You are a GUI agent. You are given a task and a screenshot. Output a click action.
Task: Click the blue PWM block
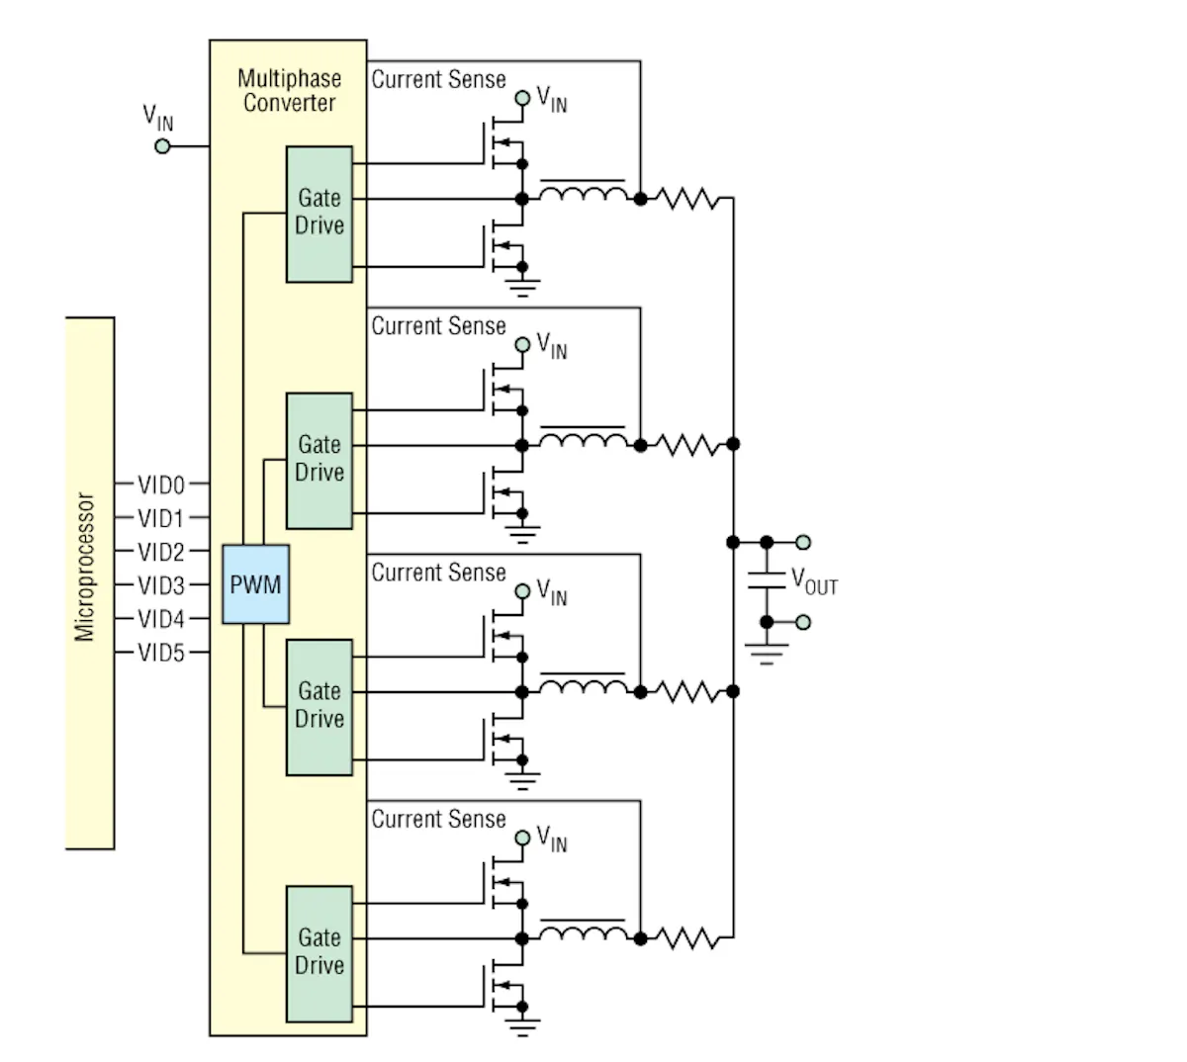(x=255, y=584)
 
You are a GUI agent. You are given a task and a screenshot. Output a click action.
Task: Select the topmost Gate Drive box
(x=320, y=214)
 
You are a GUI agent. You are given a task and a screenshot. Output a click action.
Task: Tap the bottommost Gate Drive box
(x=320, y=953)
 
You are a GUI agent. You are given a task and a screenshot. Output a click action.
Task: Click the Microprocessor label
(x=86, y=568)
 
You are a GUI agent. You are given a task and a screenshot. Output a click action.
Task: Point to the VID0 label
(x=161, y=485)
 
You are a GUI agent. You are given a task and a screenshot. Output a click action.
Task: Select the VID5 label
(x=161, y=653)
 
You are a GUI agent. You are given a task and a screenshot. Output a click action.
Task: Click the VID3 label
(x=161, y=585)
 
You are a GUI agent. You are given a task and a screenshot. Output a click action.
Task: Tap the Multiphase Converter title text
(x=289, y=91)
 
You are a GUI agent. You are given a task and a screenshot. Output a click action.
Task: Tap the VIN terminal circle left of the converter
(x=162, y=146)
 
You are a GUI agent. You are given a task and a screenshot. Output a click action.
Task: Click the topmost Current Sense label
(x=438, y=80)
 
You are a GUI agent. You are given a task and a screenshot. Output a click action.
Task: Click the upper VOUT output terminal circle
(x=803, y=542)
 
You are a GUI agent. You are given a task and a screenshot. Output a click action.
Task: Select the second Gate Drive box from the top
(x=320, y=460)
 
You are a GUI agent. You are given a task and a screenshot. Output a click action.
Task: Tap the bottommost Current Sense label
(x=438, y=819)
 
